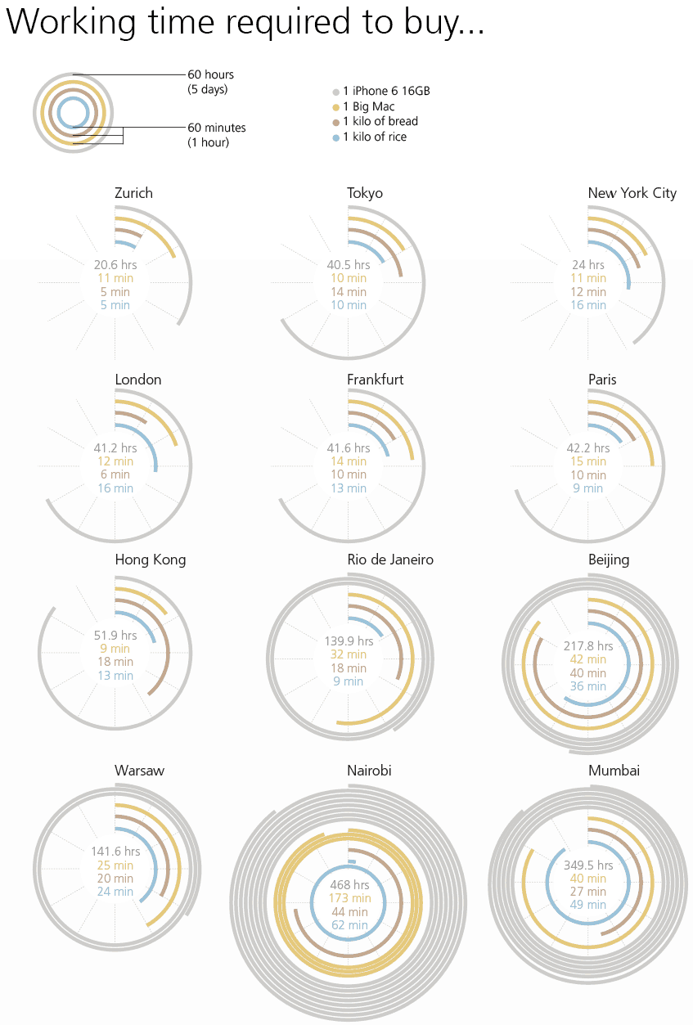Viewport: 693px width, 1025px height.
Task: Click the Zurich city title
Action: click(x=133, y=194)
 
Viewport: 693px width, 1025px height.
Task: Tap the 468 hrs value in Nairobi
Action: click(x=349, y=884)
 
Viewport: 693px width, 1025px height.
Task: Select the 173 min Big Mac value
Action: click(x=349, y=898)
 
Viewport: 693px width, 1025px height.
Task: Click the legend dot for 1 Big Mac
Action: click(x=335, y=107)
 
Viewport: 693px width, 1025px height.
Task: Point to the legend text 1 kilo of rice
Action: click(x=375, y=137)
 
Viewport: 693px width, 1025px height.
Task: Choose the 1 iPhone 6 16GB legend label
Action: click(x=386, y=92)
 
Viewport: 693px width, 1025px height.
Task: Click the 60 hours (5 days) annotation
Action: click(x=210, y=82)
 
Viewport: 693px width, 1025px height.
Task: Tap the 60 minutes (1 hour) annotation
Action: click(x=216, y=135)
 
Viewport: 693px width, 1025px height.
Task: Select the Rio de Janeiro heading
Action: click(x=390, y=560)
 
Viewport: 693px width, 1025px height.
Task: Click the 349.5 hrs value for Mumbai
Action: click(x=588, y=865)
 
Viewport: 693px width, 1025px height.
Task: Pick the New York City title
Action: click(x=632, y=194)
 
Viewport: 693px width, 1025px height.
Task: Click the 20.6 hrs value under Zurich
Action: click(x=115, y=265)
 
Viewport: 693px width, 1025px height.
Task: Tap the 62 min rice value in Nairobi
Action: click(x=349, y=925)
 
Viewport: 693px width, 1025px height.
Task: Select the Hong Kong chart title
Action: click(x=150, y=560)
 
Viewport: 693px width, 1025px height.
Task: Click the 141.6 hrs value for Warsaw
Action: click(x=115, y=852)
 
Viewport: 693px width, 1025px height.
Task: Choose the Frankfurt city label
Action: click(x=375, y=380)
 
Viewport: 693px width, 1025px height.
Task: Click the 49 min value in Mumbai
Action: click(x=588, y=905)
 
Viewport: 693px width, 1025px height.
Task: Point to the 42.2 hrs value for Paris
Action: click(x=588, y=448)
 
